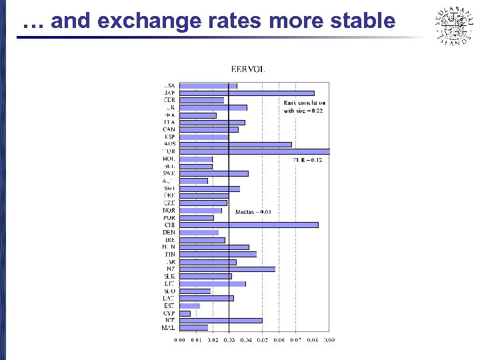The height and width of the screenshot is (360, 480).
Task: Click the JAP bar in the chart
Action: click(x=247, y=93)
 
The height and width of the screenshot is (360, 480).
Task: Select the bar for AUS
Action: click(x=235, y=144)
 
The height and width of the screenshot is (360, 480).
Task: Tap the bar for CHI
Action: click(x=249, y=225)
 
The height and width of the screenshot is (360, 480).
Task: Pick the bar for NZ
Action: click(x=227, y=269)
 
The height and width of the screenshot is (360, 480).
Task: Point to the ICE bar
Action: click(x=221, y=320)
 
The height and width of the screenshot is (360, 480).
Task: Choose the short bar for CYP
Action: click(x=185, y=313)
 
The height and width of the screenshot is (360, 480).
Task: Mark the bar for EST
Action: click(x=189, y=305)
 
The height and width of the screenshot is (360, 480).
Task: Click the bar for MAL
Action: click(x=193, y=327)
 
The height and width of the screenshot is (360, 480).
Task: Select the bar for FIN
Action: click(x=218, y=254)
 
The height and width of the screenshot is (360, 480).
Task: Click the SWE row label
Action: click(x=169, y=173)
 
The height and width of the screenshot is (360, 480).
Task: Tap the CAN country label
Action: click(x=169, y=129)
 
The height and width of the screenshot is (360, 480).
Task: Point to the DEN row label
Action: click(x=169, y=232)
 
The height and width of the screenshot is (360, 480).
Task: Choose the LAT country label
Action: click(x=169, y=298)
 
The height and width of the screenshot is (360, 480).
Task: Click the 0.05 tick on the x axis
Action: click(x=262, y=340)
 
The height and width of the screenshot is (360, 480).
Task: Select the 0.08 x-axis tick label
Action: click(x=313, y=340)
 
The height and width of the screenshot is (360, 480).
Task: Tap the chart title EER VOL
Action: click(x=247, y=69)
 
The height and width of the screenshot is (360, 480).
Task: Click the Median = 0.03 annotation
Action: click(x=253, y=212)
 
